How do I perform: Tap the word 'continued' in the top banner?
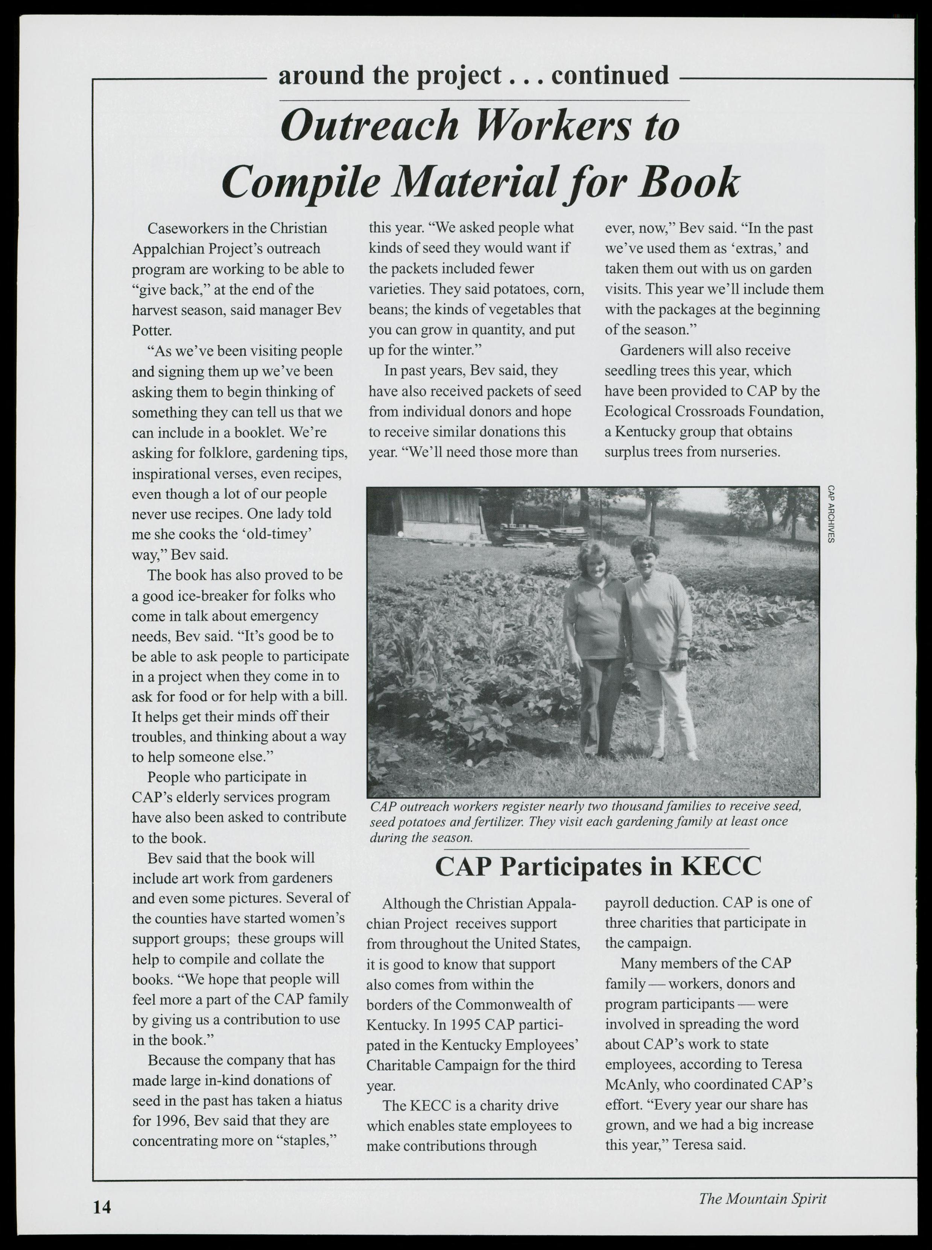(610, 75)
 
